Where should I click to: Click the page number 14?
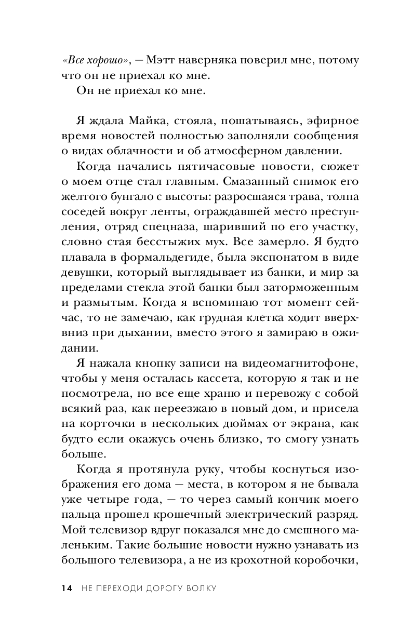pos(66,587)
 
